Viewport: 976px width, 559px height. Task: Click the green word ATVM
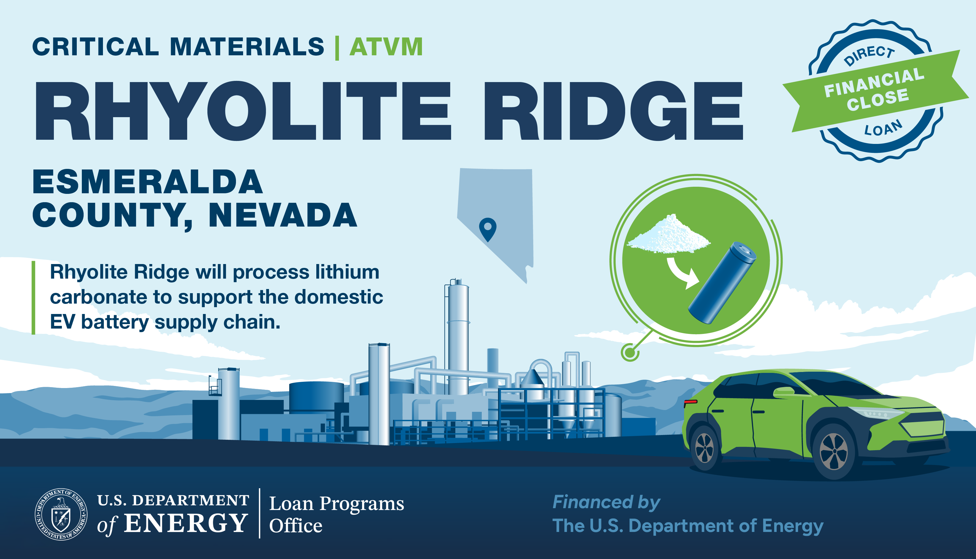pyautogui.click(x=386, y=47)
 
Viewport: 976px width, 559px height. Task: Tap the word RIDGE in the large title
pyautogui.click(x=613, y=111)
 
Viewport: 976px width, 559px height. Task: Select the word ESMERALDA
pyautogui.click(x=148, y=182)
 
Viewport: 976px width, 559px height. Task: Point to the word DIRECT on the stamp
pyautogui.click(x=869, y=55)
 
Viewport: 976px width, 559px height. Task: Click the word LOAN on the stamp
pyautogui.click(x=883, y=128)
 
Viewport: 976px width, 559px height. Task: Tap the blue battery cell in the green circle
pyautogui.click(x=722, y=283)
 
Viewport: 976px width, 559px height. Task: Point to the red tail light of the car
pyautogui.click(x=691, y=402)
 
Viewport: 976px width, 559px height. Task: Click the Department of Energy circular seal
pyautogui.click(x=61, y=514)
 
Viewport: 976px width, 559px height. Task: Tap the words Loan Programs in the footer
pyautogui.click(x=337, y=504)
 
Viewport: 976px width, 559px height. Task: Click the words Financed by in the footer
pyautogui.click(x=606, y=503)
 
